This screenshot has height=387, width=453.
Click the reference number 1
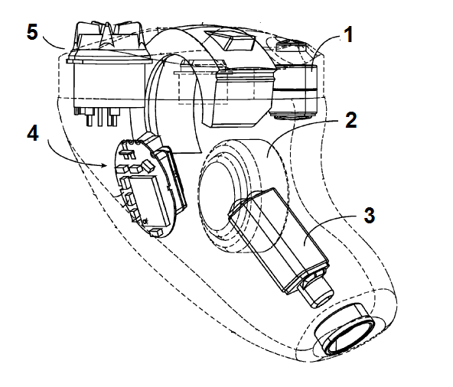tap(349, 34)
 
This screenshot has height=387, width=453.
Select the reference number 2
tap(351, 120)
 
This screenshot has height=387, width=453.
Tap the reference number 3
tap(369, 216)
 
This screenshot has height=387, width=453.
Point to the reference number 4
tap(33, 133)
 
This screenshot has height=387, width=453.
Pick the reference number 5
tap(32, 31)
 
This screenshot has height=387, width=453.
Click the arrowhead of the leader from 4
tap(105, 165)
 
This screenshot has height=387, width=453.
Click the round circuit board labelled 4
tap(146, 188)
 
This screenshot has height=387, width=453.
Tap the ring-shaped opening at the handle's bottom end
tap(344, 329)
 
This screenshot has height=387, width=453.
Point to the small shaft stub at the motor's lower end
tap(318, 291)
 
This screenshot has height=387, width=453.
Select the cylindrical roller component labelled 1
tap(294, 91)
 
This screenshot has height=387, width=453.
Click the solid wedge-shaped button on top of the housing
tap(230, 41)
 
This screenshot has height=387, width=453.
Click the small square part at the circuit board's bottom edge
tap(155, 233)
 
